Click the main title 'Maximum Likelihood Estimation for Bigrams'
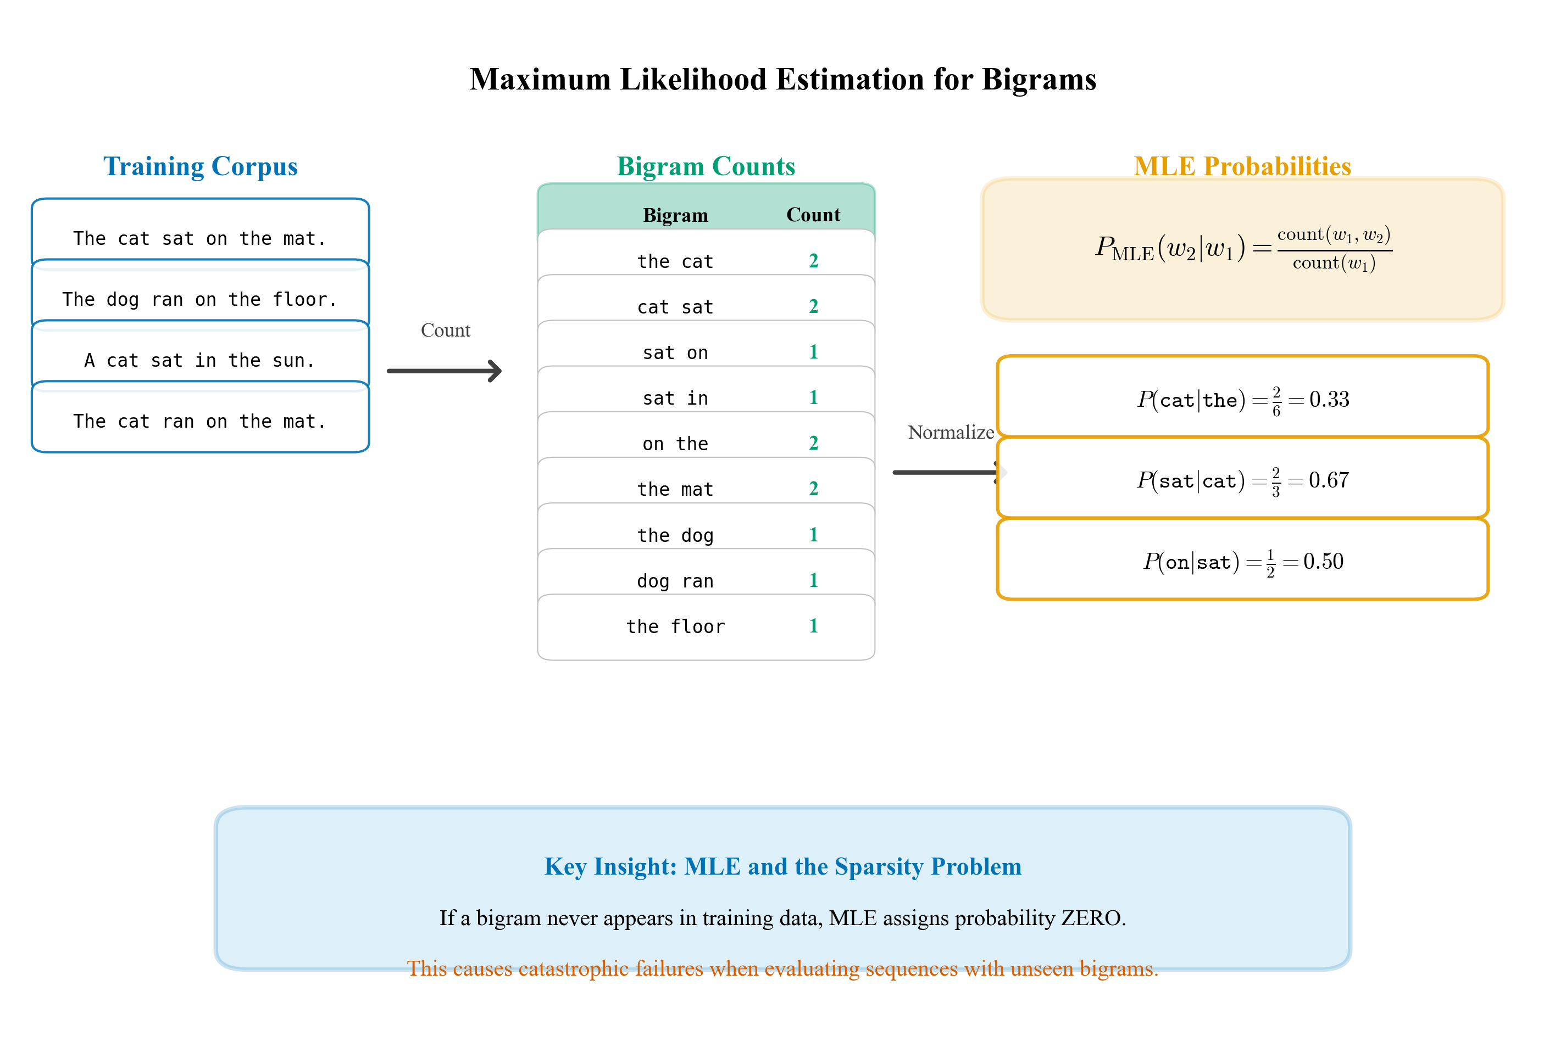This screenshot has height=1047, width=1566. coord(782,80)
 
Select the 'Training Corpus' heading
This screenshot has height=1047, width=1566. coord(200,166)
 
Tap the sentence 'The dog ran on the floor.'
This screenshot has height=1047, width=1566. coord(200,299)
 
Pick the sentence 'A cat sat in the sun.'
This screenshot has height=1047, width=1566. coord(200,361)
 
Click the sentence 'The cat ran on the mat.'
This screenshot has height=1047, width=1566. coord(200,421)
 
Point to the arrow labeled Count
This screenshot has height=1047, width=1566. coord(445,371)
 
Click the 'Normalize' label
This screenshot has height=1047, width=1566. coord(950,433)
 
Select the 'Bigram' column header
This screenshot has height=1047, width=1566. coord(675,215)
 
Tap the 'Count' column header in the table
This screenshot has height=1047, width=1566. coord(813,215)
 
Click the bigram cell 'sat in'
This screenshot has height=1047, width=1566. coord(675,399)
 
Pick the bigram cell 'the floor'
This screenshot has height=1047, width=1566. coord(675,626)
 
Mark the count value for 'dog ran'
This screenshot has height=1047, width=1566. coord(813,580)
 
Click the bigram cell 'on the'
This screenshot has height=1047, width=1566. coord(675,444)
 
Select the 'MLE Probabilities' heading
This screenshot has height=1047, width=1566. coord(1242,166)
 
